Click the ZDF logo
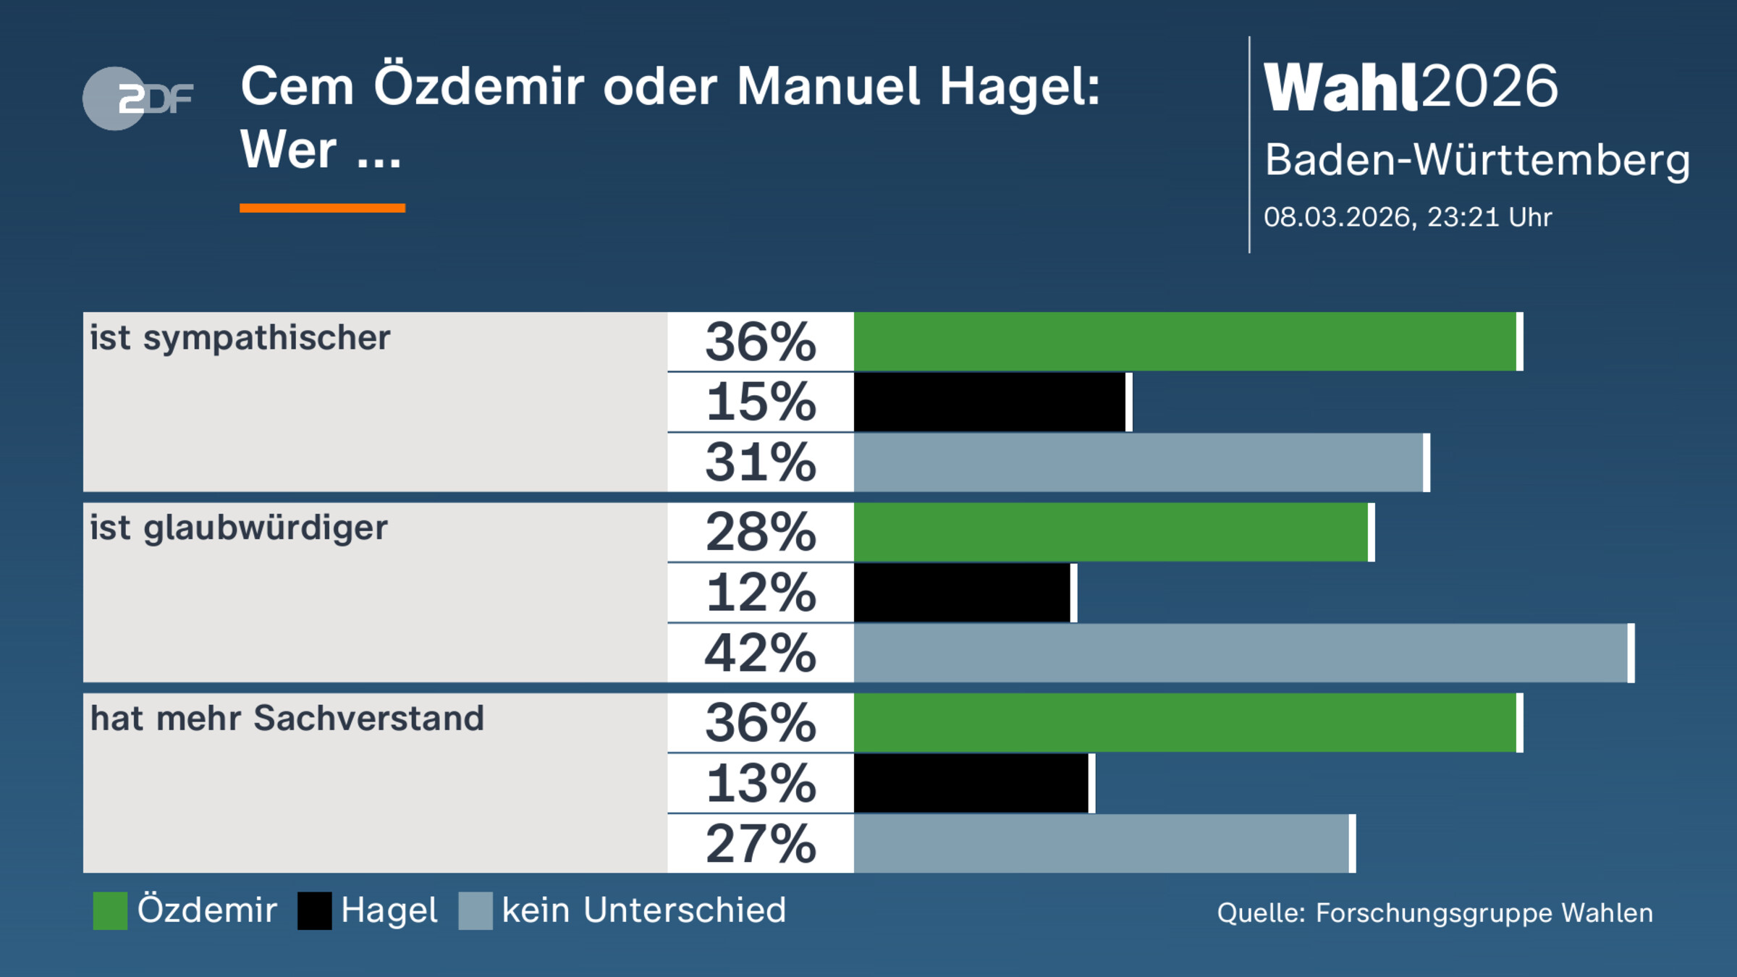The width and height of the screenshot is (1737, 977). coord(138,98)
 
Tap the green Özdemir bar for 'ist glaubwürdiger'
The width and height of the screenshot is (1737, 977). coord(1111,532)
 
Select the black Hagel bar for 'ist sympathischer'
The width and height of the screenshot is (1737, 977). coord(989,402)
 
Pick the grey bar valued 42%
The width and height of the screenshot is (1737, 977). coord(1241,653)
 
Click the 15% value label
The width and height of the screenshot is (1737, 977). coord(761,402)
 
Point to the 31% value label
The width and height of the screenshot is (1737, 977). coord(761,462)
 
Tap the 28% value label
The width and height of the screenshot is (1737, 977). coord(761,533)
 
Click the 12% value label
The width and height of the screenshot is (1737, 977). coord(761,593)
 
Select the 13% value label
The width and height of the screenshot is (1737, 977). coord(761,783)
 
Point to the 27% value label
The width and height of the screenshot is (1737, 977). coord(761,844)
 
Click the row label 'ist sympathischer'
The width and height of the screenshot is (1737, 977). coord(240,338)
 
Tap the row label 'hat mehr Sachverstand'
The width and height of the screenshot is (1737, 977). coord(287,719)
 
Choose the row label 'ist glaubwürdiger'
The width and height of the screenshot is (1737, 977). coord(238,528)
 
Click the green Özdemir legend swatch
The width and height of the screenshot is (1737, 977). coord(110,910)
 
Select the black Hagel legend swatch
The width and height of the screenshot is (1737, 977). coord(314,910)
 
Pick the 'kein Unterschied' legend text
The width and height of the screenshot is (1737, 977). coord(643,910)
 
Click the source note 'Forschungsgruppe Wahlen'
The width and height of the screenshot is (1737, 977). coord(1484,913)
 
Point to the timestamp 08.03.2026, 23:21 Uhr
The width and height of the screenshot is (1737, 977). coord(1408,217)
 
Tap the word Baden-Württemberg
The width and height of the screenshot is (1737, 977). coord(1476,160)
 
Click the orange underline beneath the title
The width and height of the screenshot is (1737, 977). coord(322,208)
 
